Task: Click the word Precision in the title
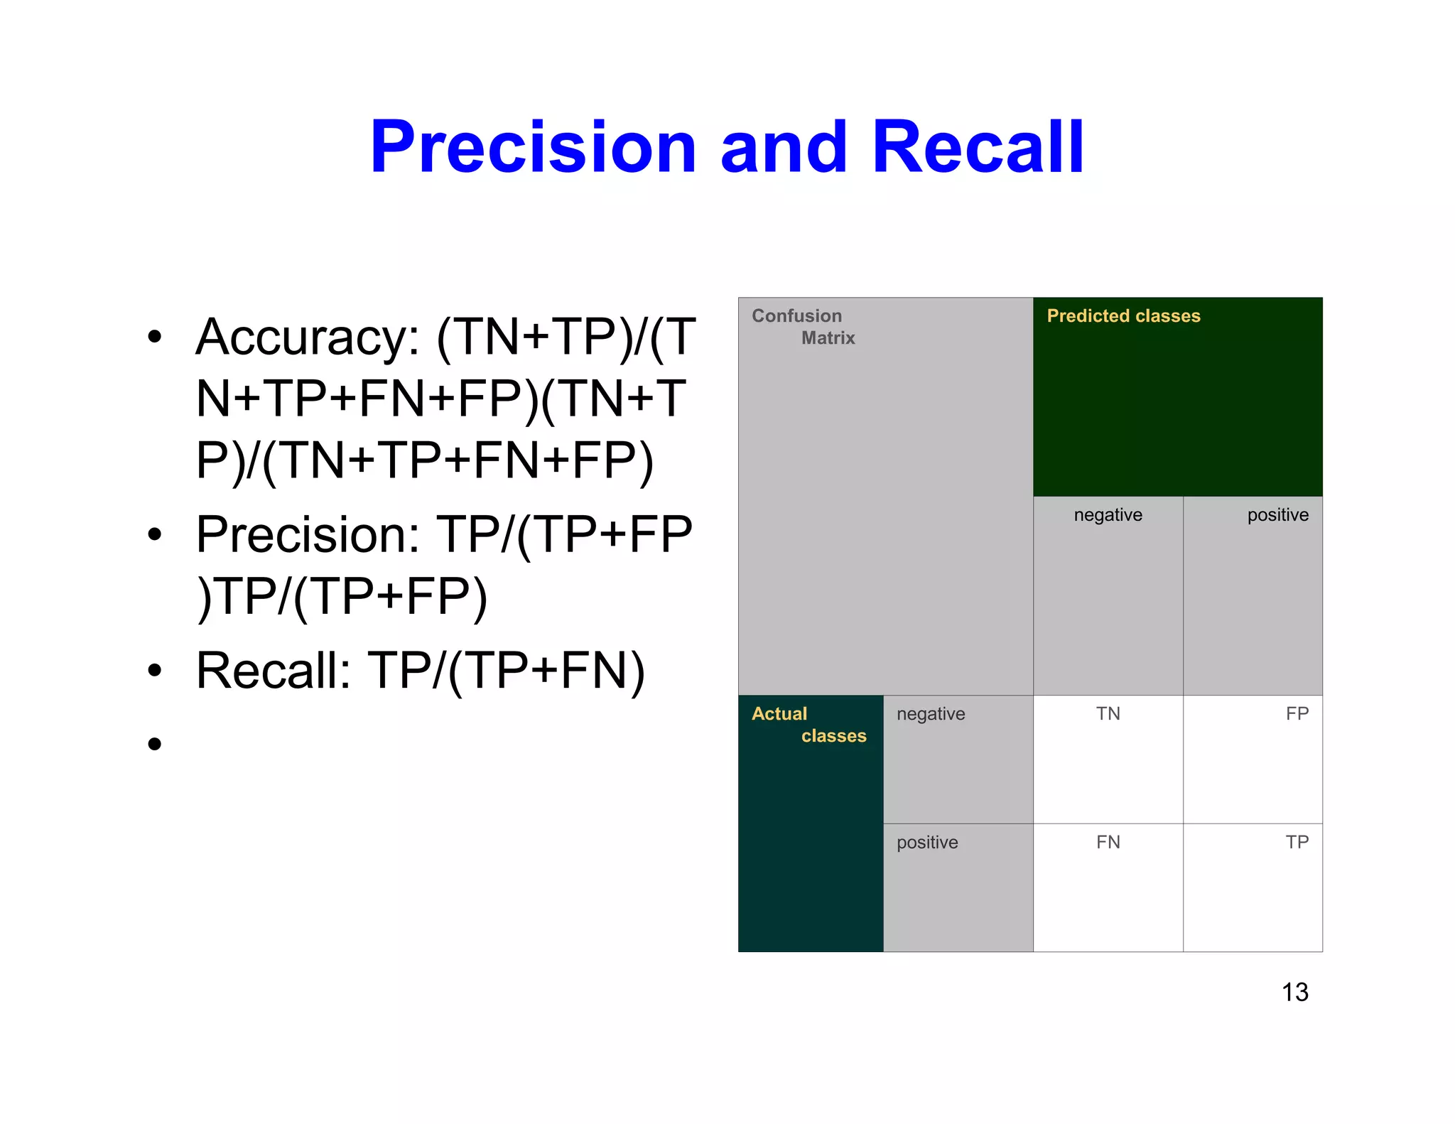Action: pyautogui.click(x=533, y=148)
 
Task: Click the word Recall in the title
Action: pyautogui.click(x=978, y=148)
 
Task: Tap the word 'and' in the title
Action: pyautogui.click(x=784, y=148)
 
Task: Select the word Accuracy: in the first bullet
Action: pyautogui.click(x=308, y=337)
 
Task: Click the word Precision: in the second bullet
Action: pyautogui.click(x=308, y=534)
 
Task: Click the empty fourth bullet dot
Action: pyautogui.click(x=155, y=744)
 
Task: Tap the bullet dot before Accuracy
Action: pyautogui.click(x=155, y=337)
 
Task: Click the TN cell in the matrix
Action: pyautogui.click(x=1108, y=714)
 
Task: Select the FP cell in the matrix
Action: pyautogui.click(x=1297, y=714)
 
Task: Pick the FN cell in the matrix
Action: pyautogui.click(x=1108, y=843)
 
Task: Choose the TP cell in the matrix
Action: pyautogui.click(x=1297, y=843)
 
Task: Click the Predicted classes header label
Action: pyautogui.click(x=1123, y=316)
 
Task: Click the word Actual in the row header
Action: pyautogui.click(x=779, y=714)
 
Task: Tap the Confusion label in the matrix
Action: pyautogui.click(x=796, y=316)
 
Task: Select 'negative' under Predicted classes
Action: pyautogui.click(x=1108, y=515)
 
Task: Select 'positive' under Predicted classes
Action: pyautogui.click(x=1277, y=515)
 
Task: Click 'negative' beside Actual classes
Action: pyautogui.click(x=931, y=714)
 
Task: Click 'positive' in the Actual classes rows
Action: pyautogui.click(x=927, y=843)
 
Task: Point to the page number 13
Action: pyautogui.click(x=1294, y=993)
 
